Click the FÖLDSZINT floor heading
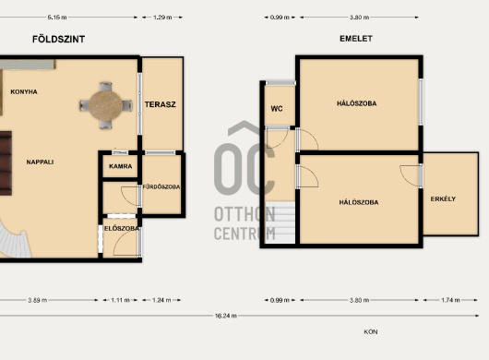[x=59, y=39]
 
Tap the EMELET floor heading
[x=356, y=39]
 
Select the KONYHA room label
[x=24, y=91]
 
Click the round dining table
[x=106, y=105]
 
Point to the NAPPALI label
[x=40, y=162]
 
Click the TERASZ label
[x=161, y=104]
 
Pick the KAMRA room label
[x=120, y=166]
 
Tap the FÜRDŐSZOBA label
[x=161, y=186]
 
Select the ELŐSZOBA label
[x=122, y=228]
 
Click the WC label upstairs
[x=277, y=109]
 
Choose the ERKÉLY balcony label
[x=443, y=198]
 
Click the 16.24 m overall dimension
[x=225, y=316]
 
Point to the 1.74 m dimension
[x=450, y=300]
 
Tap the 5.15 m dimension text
[x=57, y=18]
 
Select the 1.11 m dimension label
[x=120, y=300]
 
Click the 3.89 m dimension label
[x=38, y=300]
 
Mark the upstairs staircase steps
[x=280, y=222]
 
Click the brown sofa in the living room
[x=6, y=163]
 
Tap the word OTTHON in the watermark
[x=244, y=214]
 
